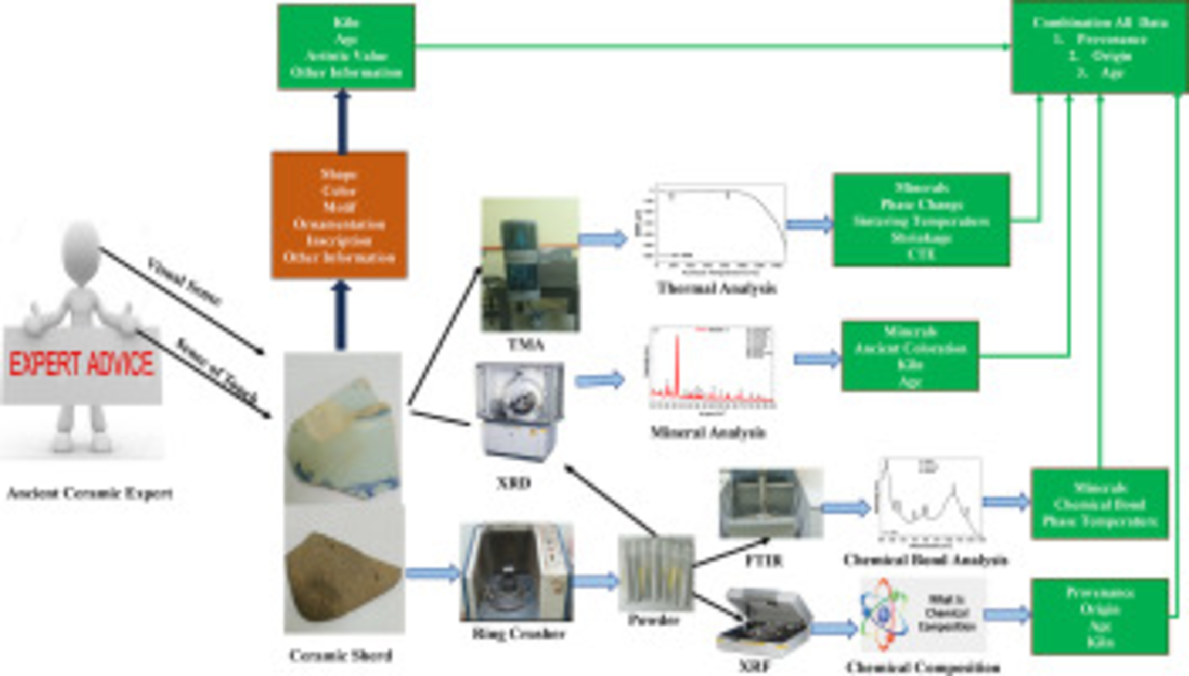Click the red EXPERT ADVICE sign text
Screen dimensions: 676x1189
82,364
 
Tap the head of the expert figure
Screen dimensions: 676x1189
81,245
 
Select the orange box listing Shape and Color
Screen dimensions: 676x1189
339,215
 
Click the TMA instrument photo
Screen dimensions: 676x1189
529,264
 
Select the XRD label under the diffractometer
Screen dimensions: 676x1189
514,483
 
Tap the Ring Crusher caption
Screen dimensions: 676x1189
518,634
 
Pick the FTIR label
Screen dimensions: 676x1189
763,560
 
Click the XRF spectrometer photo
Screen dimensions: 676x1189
764,622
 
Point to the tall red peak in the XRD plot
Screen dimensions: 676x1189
677,364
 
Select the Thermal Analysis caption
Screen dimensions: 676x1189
717,288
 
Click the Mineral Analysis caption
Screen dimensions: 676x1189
708,432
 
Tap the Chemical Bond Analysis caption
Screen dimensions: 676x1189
925,560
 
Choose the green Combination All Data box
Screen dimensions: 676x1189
1100,47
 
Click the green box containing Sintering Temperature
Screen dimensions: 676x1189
921,220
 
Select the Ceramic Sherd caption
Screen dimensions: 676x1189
341,655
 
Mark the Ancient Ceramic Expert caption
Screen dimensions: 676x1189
89,493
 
